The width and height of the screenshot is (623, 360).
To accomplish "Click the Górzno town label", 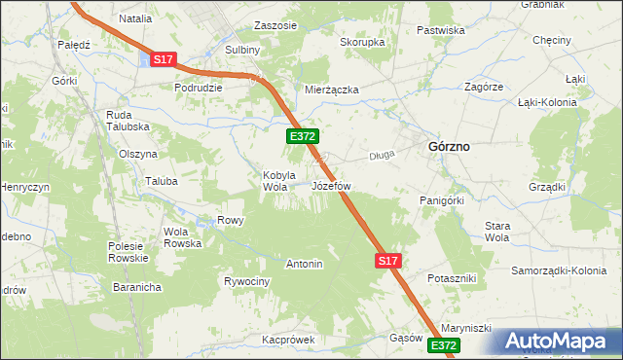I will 449,146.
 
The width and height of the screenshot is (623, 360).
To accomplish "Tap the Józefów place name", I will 331,185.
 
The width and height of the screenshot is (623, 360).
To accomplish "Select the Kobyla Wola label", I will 277,181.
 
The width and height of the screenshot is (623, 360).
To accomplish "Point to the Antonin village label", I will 304,264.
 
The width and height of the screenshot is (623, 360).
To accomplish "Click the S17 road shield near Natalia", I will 163,60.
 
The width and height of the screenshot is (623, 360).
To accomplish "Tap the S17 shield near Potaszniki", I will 387,261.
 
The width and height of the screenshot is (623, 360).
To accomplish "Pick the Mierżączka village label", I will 332,90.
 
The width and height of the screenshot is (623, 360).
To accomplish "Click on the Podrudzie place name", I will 199,87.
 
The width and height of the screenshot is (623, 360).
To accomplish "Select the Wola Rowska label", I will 182,237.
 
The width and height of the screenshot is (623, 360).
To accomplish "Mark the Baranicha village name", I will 136,287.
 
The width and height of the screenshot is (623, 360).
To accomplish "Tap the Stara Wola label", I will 497,232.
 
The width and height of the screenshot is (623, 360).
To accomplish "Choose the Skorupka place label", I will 362,43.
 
